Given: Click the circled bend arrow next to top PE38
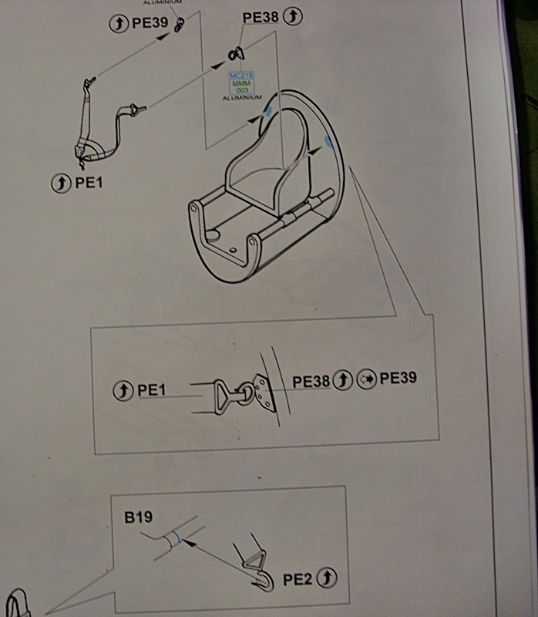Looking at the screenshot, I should pos(293,15).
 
